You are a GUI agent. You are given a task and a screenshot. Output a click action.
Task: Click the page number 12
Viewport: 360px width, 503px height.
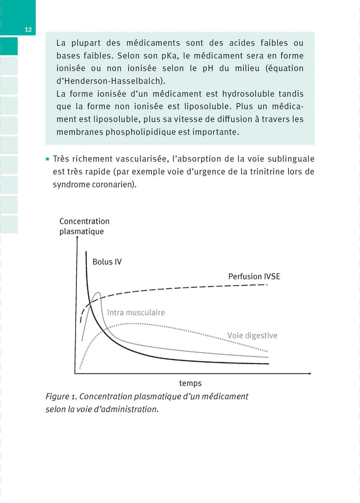tap(28, 30)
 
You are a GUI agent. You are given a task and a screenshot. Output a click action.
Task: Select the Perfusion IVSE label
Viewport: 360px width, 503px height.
tap(254, 276)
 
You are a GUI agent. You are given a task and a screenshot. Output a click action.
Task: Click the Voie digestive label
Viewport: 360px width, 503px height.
tap(252, 336)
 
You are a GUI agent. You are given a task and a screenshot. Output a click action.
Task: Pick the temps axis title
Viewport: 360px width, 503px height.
tap(190, 383)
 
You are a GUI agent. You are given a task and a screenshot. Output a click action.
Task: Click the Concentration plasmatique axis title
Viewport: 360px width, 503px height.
tap(84, 227)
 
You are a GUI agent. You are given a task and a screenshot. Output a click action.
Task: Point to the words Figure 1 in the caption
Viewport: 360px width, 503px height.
tap(61, 397)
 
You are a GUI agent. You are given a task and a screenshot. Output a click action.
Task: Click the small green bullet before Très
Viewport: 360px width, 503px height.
tap(47, 159)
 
